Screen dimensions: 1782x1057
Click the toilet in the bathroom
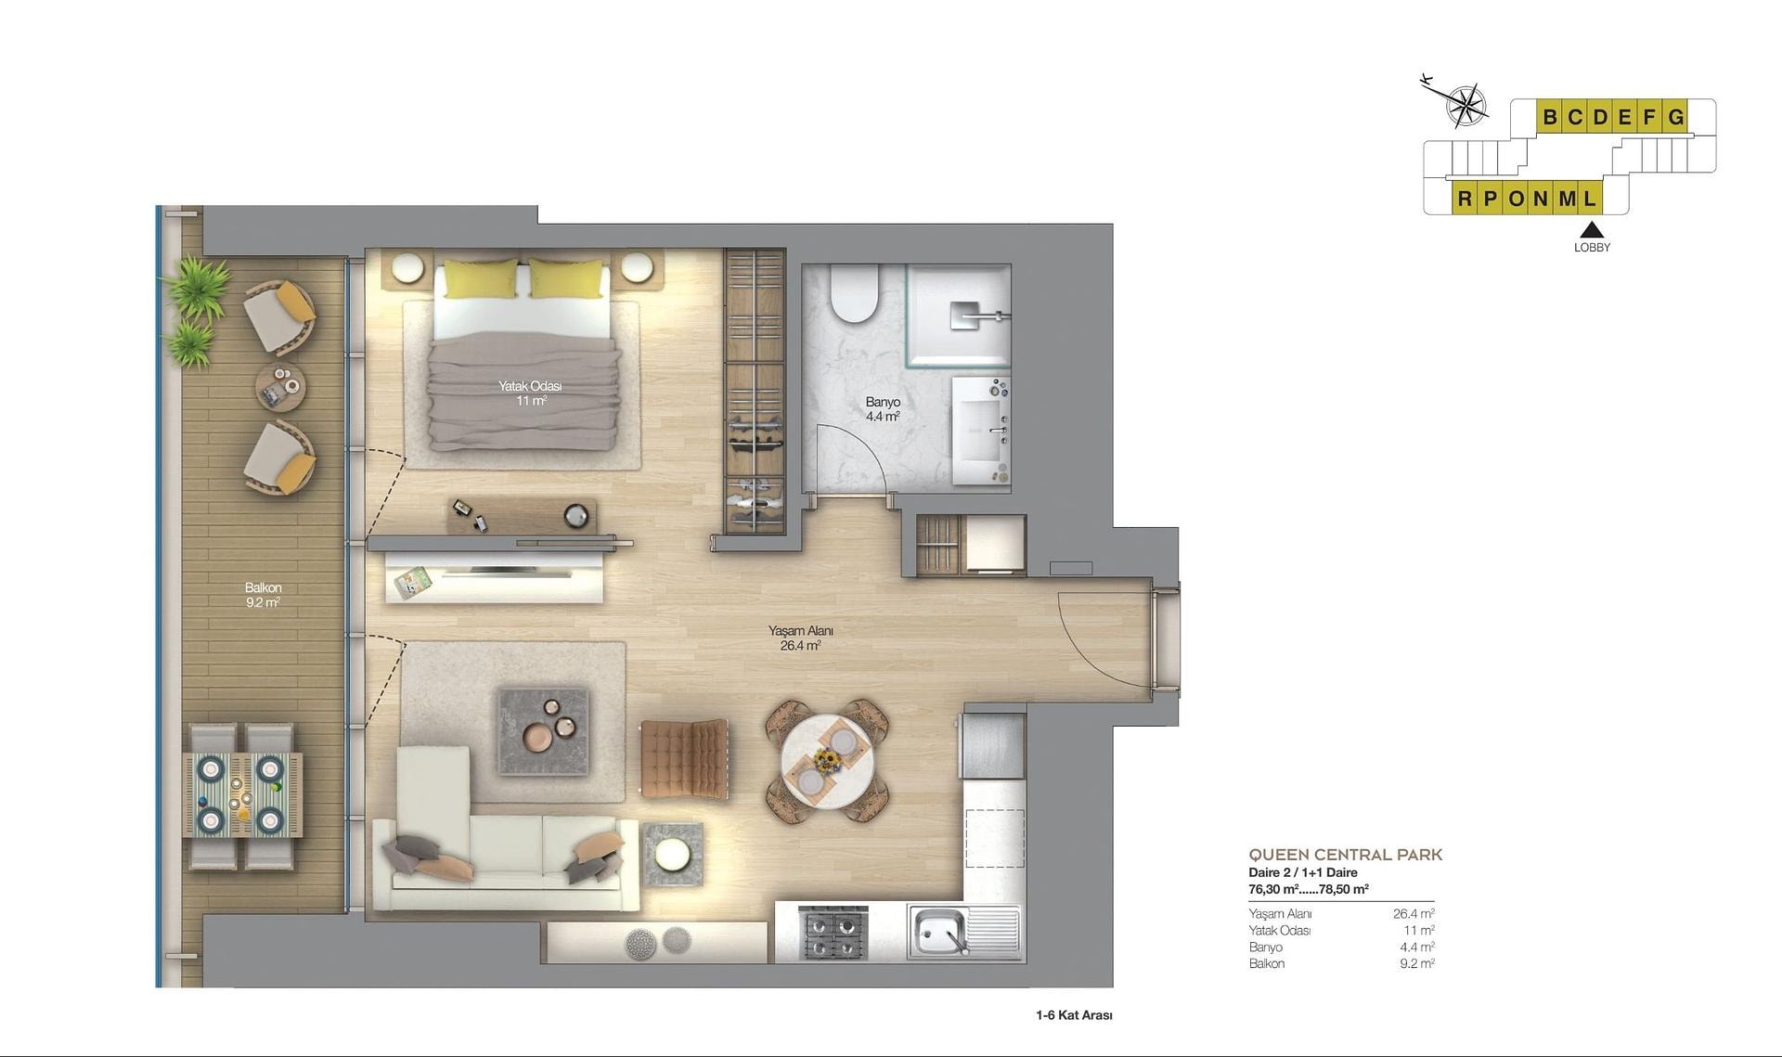[x=855, y=293]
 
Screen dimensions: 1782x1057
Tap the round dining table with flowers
[x=826, y=760]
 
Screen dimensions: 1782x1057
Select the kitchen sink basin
[x=939, y=931]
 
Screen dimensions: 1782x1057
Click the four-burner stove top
[x=833, y=933]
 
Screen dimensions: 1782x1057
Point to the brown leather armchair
[x=684, y=757]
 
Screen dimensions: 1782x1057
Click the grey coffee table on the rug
[x=543, y=729]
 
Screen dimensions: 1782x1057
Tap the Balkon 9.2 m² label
[x=263, y=595]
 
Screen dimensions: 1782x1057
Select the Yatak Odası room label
[x=530, y=386]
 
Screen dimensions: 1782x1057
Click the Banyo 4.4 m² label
[x=883, y=409]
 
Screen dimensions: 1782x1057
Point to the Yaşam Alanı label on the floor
[x=800, y=631]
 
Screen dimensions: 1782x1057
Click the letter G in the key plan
[x=1675, y=117]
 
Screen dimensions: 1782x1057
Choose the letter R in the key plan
[x=1465, y=199]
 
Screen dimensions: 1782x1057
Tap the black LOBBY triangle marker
[x=1592, y=230]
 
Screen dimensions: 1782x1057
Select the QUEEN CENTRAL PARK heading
[x=1345, y=855]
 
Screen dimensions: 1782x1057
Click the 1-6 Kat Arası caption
[x=1074, y=1015]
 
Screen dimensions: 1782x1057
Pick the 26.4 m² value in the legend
[x=1414, y=914]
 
